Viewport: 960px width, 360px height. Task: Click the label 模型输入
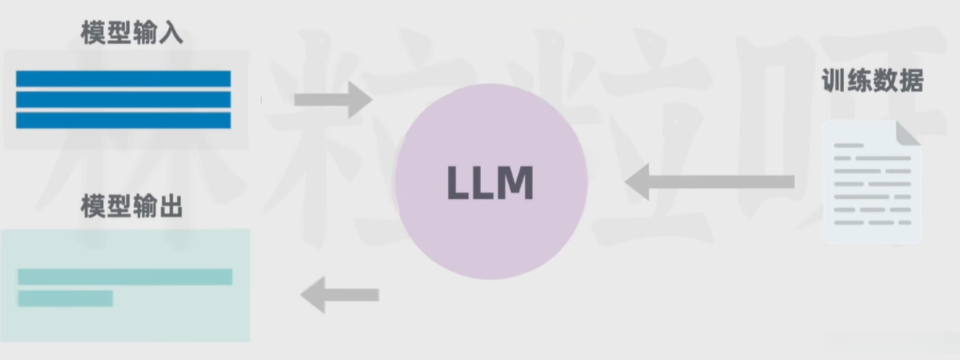pos(132,34)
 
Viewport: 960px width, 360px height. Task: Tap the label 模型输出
pos(132,206)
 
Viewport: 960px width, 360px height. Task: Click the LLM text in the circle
pos(490,183)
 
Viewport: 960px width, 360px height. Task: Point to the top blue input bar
pos(123,79)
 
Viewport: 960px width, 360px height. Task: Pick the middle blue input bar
pos(123,100)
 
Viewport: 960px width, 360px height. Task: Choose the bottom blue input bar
pos(123,121)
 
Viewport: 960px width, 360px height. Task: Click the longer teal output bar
pos(124,276)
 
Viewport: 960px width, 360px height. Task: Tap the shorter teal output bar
pos(65,298)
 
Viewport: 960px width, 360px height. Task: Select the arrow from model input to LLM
pos(332,99)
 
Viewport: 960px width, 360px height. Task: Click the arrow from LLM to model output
pos(340,295)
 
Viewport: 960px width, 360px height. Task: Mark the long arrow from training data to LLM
pos(710,182)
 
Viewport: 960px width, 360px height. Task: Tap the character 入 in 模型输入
pos(170,34)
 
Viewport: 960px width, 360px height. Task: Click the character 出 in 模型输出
pos(170,206)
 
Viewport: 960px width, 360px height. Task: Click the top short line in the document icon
pos(849,145)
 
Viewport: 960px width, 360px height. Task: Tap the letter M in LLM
pos(514,183)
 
